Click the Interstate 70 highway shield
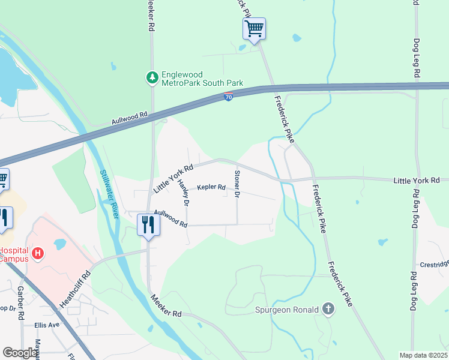(229, 97)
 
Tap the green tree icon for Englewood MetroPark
(152, 78)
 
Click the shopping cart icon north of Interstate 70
(254, 28)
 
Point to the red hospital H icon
(38, 254)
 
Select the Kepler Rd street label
(211, 187)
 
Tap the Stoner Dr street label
(237, 184)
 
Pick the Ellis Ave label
(47, 325)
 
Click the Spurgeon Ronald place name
(288, 310)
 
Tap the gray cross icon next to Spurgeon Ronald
(328, 309)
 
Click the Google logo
(20, 353)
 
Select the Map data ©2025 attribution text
(423, 355)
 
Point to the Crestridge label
(433, 264)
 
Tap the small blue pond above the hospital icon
(59, 244)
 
